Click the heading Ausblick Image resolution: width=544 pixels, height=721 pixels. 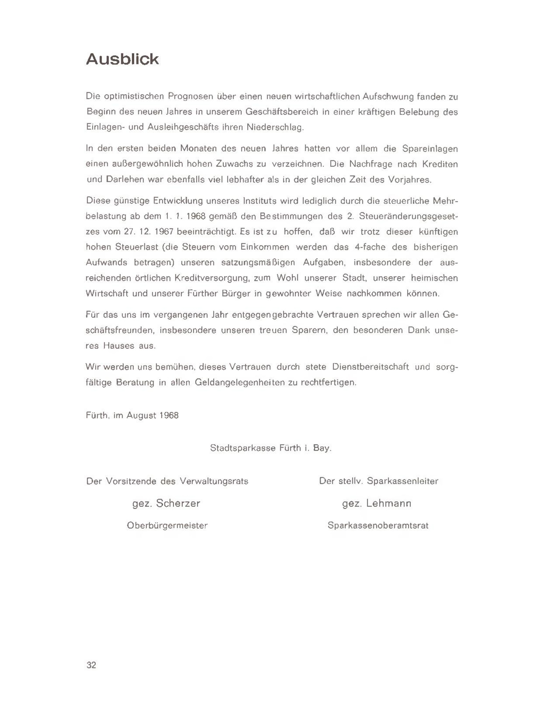123,59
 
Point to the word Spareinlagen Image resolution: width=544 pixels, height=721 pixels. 430,149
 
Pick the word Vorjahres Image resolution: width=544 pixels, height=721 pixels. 410,179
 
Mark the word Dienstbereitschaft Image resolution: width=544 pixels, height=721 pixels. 370,367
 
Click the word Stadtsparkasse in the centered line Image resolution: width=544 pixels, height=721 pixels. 243,448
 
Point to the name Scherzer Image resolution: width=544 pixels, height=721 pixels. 178,503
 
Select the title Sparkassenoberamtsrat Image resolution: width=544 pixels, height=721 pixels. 378,525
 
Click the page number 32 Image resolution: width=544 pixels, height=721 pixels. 91,665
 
